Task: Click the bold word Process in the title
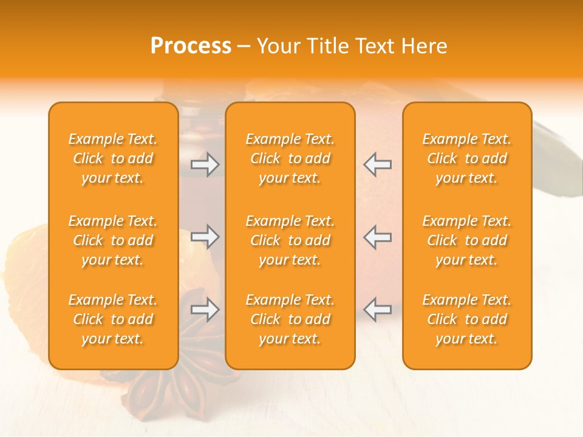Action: coord(191,46)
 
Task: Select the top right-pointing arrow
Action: coord(205,164)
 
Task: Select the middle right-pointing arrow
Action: coord(205,237)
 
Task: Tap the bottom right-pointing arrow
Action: coord(205,310)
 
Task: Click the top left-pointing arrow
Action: coord(377,164)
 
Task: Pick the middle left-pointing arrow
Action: coord(377,237)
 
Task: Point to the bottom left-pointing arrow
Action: coord(377,310)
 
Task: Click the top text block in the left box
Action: coord(113,158)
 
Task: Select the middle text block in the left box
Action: coord(113,240)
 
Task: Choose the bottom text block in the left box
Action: coord(113,319)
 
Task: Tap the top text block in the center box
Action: coord(290,158)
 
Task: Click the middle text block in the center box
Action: coord(290,240)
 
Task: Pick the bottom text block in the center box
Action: coord(290,319)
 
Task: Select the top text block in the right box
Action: coord(467,158)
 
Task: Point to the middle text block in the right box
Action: coord(467,240)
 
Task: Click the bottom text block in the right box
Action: coord(467,319)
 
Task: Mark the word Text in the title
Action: coord(375,46)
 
